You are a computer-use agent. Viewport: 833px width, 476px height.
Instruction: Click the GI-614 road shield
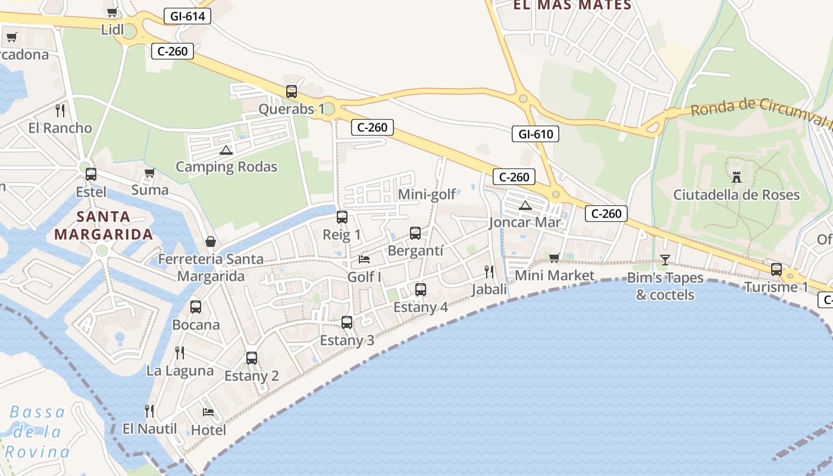tap(187, 16)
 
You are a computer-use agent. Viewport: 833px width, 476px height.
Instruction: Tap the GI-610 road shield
tap(535, 134)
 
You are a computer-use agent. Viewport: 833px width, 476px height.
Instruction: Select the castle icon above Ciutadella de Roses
tap(736, 177)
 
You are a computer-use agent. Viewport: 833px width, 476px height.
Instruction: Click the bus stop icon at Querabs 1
tap(292, 92)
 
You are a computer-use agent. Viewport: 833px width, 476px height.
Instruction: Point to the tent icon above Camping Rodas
tap(226, 150)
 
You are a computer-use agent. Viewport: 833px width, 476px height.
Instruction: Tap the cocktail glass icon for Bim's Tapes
tap(665, 260)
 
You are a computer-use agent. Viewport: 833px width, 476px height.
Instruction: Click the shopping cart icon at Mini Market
tap(555, 258)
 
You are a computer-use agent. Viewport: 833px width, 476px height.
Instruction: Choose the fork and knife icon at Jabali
tap(489, 272)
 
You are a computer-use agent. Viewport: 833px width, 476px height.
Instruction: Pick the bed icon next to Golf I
tap(364, 259)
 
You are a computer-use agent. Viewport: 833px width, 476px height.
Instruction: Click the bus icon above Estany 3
tap(347, 322)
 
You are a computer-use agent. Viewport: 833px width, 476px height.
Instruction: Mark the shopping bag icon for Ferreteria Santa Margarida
tap(211, 242)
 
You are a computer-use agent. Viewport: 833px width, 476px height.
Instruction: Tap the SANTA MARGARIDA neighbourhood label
tap(104, 225)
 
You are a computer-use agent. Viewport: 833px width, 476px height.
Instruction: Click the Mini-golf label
tap(427, 194)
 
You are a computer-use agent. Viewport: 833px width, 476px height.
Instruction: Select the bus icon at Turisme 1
tap(776, 269)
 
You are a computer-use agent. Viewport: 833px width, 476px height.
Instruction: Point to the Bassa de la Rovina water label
tap(37, 432)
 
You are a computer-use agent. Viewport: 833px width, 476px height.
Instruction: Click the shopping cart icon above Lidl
tap(112, 12)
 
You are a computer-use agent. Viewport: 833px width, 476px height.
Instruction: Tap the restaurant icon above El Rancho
tap(60, 110)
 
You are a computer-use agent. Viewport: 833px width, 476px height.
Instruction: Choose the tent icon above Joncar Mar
tap(525, 206)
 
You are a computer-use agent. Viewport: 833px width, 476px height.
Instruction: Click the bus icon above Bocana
tap(196, 307)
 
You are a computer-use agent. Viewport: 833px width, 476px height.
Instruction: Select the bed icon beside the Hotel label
tap(208, 412)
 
